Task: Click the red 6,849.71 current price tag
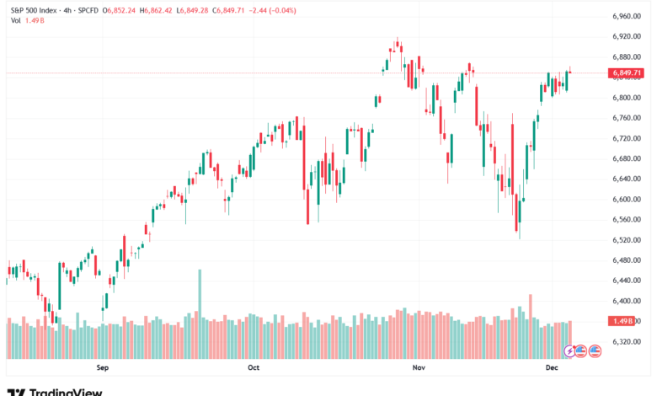tap(624, 73)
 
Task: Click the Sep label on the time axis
tap(104, 368)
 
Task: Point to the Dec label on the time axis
tap(552, 368)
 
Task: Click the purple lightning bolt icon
tap(569, 349)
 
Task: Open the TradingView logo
tap(55, 391)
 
